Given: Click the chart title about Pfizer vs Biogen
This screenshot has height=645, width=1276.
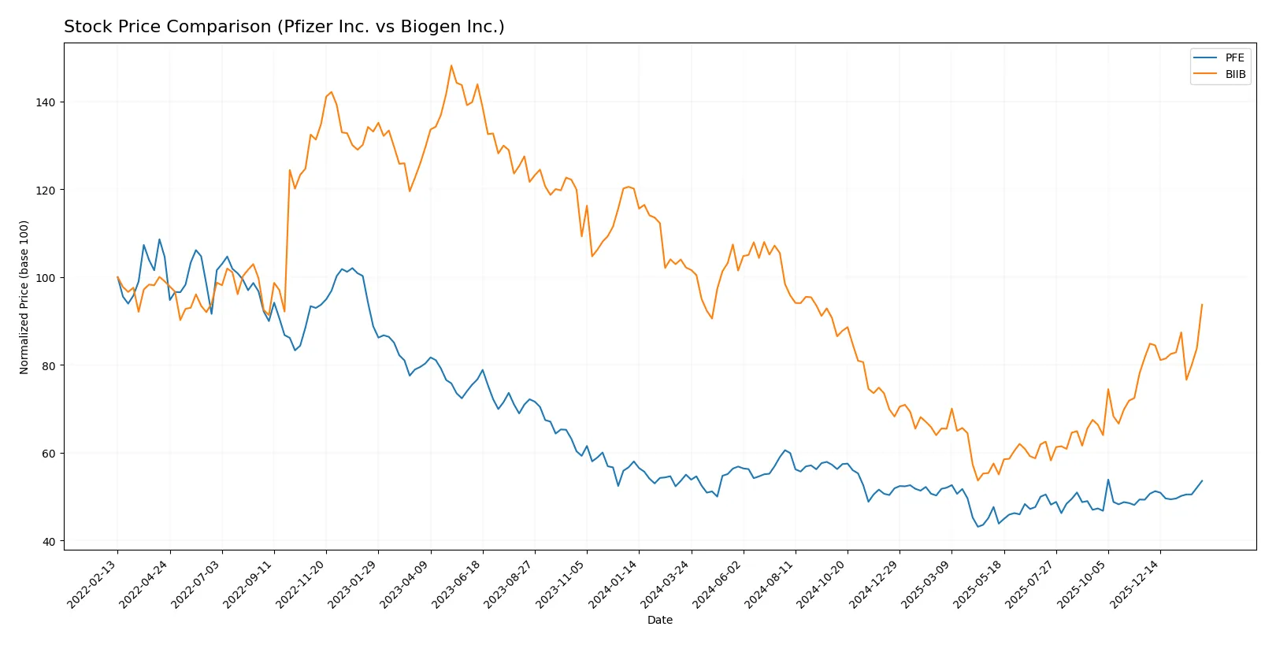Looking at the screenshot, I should coord(284,27).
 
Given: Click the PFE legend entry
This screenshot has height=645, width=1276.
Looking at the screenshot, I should coord(1234,57).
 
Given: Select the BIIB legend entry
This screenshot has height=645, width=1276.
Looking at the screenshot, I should coord(1235,74).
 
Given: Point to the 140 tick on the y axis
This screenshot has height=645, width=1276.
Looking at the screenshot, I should coord(46,102).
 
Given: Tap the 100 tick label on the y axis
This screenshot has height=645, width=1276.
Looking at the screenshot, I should coord(46,278).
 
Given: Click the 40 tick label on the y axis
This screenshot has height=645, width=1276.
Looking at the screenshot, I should coord(49,541).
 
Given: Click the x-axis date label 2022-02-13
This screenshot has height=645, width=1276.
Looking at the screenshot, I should coord(93,584).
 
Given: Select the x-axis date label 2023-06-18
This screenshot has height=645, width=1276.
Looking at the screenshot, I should coord(458,584).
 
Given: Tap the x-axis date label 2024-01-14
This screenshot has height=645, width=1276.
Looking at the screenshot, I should coord(614,584).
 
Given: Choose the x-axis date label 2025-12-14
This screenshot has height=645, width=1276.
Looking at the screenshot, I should coord(1135,584).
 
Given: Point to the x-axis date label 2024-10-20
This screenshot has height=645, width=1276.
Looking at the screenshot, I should coord(822,584).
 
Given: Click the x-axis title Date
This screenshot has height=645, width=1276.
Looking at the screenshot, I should coord(659,620).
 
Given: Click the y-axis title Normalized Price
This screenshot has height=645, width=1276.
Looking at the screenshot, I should coord(24,297).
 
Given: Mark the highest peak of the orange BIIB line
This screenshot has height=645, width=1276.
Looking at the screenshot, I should coord(451,65).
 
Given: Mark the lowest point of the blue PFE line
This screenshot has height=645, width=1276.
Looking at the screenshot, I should coord(977,526).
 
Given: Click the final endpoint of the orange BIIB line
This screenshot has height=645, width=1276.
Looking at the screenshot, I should coord(1202,304).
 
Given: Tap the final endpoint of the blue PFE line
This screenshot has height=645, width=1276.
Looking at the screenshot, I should coord(1202,480).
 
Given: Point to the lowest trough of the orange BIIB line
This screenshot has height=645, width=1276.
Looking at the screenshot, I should coord(977,480).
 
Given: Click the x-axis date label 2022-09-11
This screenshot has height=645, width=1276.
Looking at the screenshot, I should coord(249,584).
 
